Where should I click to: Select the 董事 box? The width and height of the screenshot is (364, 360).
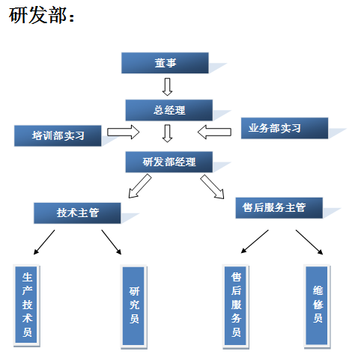pyautogui.click(x=165, y=64)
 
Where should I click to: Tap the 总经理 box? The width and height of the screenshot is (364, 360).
pyautogui.click(x=169, y=110)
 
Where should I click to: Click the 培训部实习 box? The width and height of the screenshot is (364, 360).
pyautogui.click(x=58, y=135)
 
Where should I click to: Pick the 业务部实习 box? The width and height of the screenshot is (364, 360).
pyautogui.click(x=275, y=128)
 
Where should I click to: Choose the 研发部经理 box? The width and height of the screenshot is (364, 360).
pyautogui.click(x=169, y=161)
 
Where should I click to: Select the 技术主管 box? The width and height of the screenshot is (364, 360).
pyautogui.click(x=78, y=213)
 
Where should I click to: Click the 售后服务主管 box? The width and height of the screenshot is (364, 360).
pyautogui.click(x=279, y=208)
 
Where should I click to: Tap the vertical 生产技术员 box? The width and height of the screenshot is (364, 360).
pyautogui.click(x=27, y=305)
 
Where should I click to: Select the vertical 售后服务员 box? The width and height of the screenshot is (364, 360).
pyautogui.click(x=236, y=305)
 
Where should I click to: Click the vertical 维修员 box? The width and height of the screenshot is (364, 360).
pyautogui.click(x=317, y=305)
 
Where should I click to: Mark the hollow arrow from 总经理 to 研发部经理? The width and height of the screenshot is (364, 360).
pyautogui.click(x=168, y=133)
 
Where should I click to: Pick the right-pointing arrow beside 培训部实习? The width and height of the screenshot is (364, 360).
pyautogui.click(x=124, y=133)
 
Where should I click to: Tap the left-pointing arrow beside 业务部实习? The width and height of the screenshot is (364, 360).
pyautogui.click(x=214, y=133)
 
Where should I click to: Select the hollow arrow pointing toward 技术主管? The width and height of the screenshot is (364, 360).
pyautogui.click(x=139, y=186)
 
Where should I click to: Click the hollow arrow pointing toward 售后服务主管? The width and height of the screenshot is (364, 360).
pyautogui.click(x=212, y=186)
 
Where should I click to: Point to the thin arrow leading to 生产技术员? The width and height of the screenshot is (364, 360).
pyautogui.click(x=43, y=242)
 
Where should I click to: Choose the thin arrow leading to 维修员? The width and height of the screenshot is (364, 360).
pyautogui.click(x=309, y=242)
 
